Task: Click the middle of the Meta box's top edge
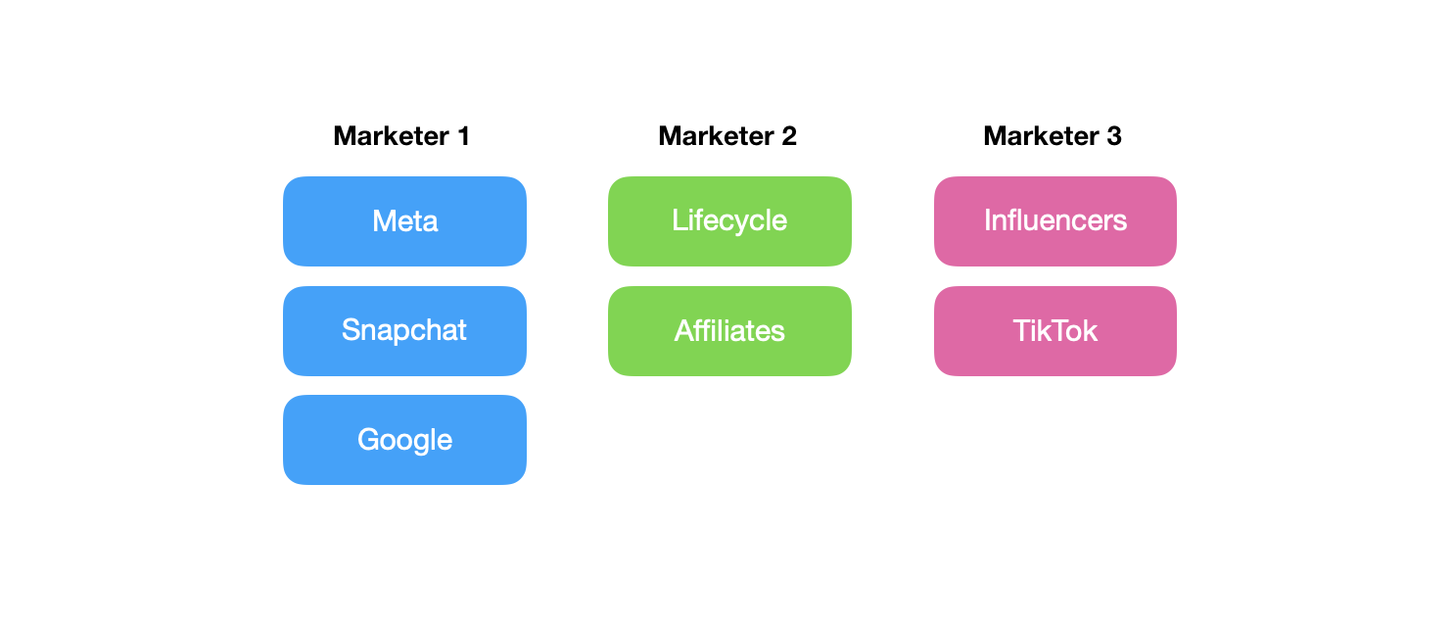pos(404,176)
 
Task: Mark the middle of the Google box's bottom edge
pos(404,484)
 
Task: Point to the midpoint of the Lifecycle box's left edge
pos(608,221)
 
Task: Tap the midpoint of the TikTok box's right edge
pos(1177,331)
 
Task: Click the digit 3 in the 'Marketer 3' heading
pos(1114,136)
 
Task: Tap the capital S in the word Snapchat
pos(351,330)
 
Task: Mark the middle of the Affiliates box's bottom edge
pos(729,376)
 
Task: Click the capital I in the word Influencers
pos(987,220)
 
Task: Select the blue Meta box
pos(404,221)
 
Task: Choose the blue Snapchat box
pos(404,331)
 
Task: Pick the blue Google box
pos(404,440)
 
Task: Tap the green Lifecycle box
pos(729,221)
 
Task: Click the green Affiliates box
pos(729,331)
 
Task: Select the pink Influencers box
pos(1055,221)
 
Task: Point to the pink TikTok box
pos(1055,331)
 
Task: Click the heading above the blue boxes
pos(401,136)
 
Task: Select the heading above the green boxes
pos(727,136)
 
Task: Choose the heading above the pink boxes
pos(1053,136)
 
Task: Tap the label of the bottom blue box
pos(404,440)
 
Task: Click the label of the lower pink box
pos(1055,331)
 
